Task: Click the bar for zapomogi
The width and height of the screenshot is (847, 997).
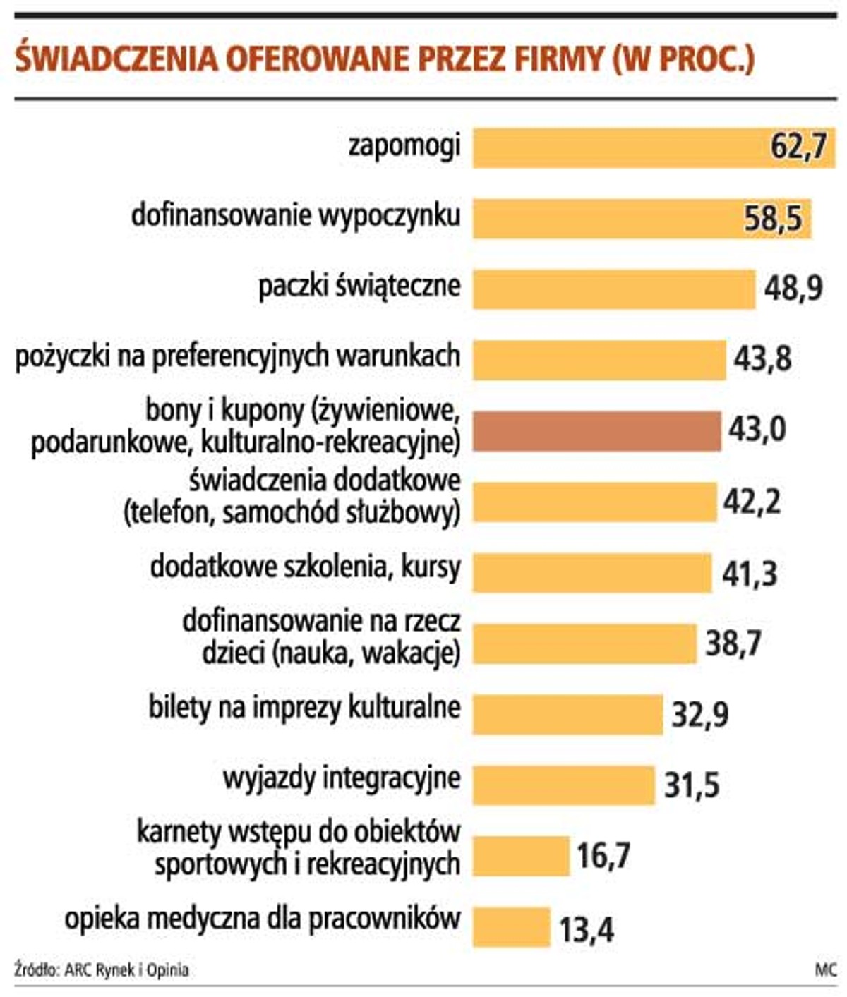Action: click(621, 147)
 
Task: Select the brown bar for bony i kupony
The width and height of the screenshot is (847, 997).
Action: click(596, 431)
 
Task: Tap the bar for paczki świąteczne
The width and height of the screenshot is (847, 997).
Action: click(613, 289)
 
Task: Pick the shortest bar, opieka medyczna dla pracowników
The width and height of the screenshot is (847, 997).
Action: click(511, 926)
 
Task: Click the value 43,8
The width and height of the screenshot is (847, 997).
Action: click(762, 359)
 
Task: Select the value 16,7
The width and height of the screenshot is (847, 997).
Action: click(603, 856)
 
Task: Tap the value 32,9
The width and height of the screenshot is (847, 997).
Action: click(699, 715)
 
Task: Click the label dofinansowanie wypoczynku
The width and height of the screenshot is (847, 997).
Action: click(296, 215)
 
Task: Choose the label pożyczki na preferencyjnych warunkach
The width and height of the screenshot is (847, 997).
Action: click(238, 357)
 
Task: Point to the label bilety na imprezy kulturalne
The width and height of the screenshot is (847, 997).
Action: click(304, 708)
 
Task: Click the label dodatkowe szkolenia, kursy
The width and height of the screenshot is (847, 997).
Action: click(305, 567)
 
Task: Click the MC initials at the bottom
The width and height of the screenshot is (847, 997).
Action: click(824, 970)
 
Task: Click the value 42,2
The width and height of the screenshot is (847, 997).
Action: click(752, 502)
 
